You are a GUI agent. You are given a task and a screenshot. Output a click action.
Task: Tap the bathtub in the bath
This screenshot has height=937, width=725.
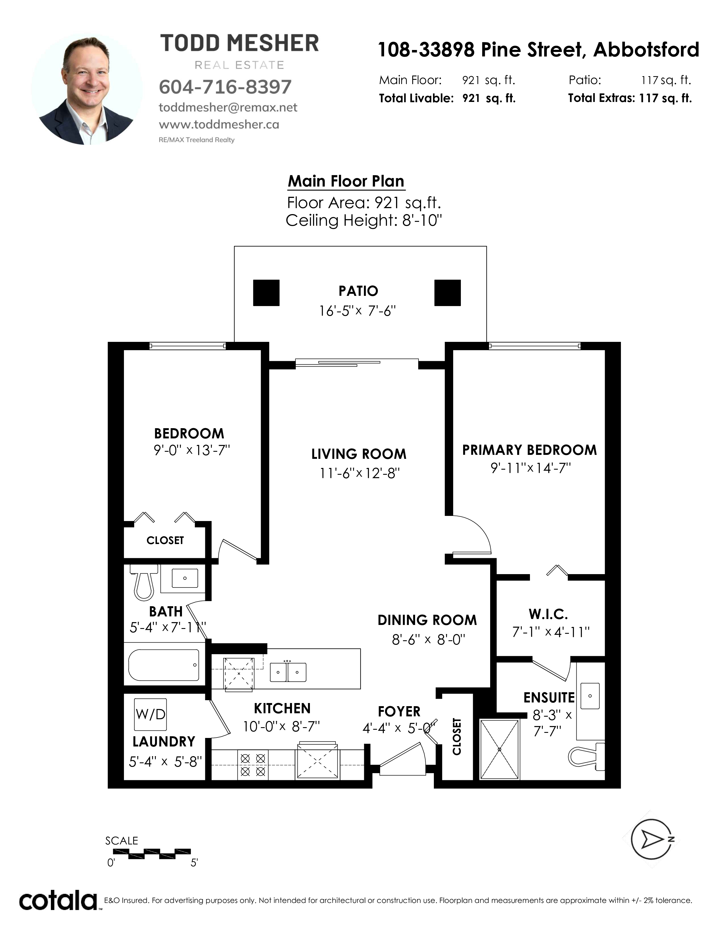click(x=164, y=665)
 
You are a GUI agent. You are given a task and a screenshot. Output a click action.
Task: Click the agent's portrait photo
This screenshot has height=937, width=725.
click(x=87, y=89)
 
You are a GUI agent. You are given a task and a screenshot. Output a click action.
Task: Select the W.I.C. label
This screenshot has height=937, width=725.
click(x=548, y=614)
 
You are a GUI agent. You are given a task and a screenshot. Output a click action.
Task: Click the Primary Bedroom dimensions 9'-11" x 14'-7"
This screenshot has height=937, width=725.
click(x=531, y=468)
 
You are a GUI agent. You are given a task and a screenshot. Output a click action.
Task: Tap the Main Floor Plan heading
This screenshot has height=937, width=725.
click(x=346, y=181)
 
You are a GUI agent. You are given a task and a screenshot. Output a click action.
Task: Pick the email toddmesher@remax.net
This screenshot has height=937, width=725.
click(x=228, y=107)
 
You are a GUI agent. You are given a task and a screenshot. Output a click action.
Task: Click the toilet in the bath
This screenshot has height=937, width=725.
click(x=144, y=582)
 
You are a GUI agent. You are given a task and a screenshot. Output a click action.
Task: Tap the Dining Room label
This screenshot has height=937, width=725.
click(x=427, y=620)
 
